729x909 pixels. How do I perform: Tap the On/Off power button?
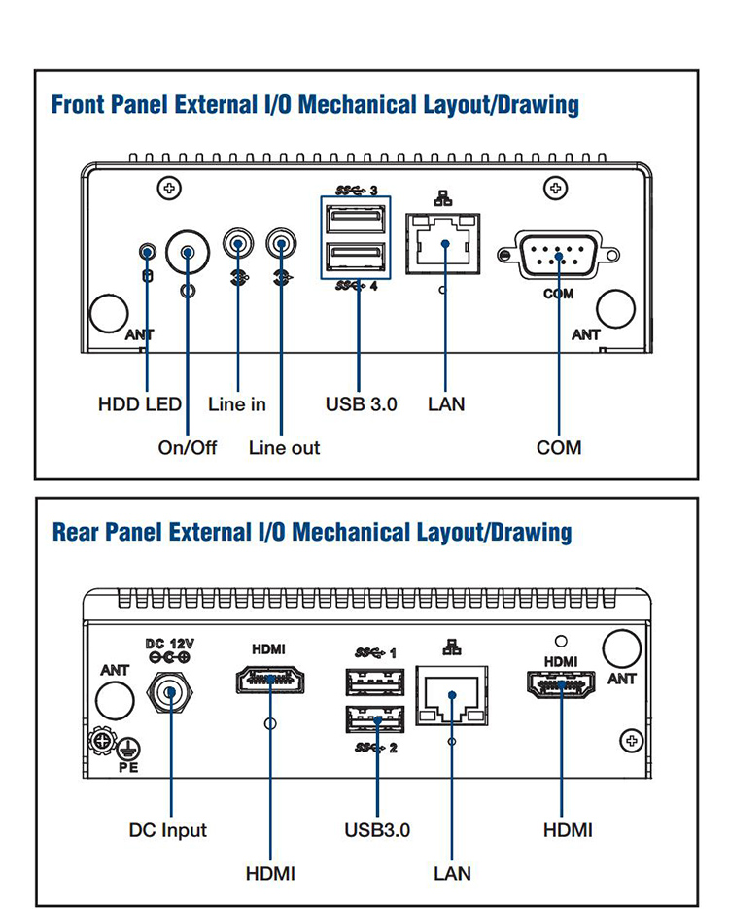[x=188, y=254]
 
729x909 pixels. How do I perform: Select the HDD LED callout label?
[x=139, y=403]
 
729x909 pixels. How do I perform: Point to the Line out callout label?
[x=284, y=448]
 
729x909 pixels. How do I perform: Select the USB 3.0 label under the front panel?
[x=361, y=403]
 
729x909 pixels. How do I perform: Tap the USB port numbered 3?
[x=356, y=221]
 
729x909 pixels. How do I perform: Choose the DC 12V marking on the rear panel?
[x=170, y=645]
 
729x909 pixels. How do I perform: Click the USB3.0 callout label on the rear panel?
[x=377, y=830]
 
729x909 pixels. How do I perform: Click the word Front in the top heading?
[x=79, y=104]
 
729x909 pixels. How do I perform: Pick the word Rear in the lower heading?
[x=75, y=532]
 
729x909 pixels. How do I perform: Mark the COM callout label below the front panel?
[x=559, y=448]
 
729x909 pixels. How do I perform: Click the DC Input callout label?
[x=168, y=830]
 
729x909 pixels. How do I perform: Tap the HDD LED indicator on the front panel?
[x=147, y=253]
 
